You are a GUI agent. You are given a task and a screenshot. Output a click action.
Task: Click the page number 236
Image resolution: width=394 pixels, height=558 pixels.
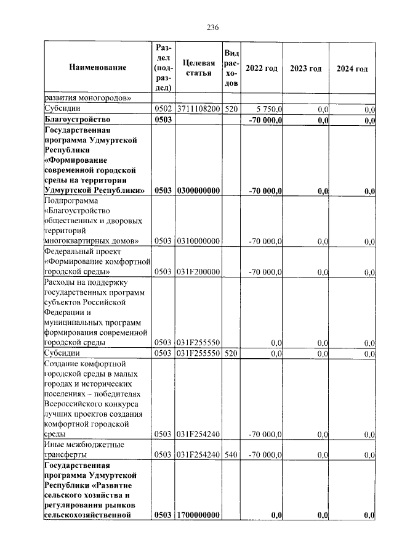point(212,28)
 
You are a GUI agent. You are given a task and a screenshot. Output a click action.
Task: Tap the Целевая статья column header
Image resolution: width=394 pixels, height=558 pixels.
point(199,68)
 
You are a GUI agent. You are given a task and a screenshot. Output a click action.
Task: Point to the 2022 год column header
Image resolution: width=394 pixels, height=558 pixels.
point(261,68)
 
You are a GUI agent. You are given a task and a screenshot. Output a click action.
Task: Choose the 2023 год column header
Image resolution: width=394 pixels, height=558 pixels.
point(306,68)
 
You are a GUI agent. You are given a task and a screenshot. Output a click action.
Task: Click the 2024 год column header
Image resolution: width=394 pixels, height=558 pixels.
point(352,68)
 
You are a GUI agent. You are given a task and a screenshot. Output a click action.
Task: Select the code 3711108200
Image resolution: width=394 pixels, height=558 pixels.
point(199,109)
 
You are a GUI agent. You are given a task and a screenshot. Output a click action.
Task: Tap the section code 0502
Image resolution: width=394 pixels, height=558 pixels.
point(163,109)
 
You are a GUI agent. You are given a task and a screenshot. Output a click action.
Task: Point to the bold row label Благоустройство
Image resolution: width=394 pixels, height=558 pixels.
point(77,120)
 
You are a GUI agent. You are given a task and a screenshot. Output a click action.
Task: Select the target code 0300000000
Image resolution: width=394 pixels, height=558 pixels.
point(199,191)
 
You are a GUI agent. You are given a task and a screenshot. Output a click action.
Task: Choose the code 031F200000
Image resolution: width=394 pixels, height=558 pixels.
point(199,272)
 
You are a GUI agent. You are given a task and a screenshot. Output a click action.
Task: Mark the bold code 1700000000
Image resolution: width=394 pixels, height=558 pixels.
point(199,515)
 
